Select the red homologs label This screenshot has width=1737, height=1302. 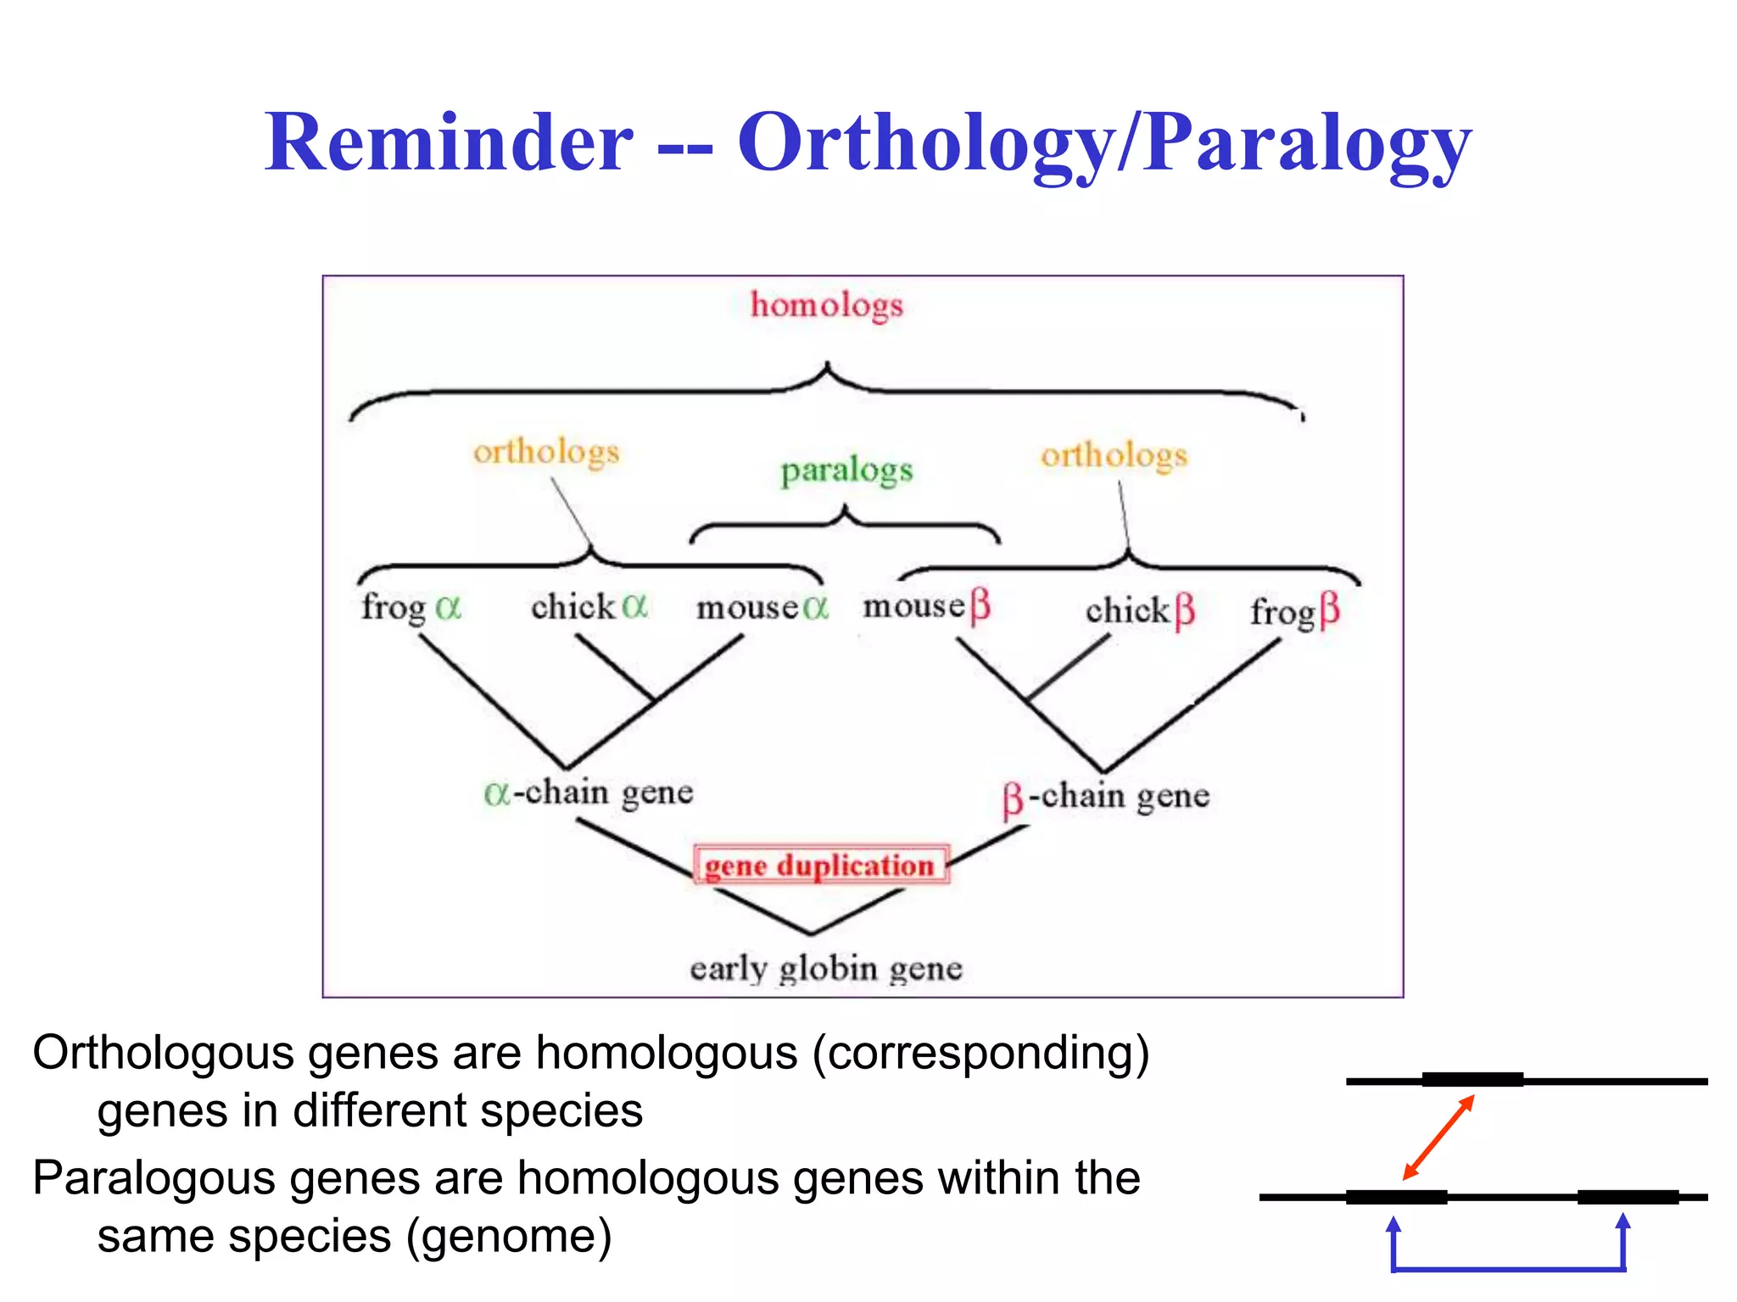point(827,306)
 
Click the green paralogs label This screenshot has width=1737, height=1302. point(846,471)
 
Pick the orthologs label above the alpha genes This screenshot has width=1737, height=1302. point(546,453)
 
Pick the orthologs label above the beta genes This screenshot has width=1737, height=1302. point(1114,456)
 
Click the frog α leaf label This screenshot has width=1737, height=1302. point(411,608)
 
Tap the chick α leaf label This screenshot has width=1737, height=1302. point(589,607)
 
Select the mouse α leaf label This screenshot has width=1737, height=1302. point(762,608)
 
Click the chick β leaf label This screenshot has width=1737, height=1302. point(1140,610)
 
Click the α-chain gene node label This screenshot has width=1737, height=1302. point(589,793)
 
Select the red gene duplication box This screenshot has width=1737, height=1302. point(820,865)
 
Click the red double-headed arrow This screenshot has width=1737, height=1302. point(1438,1138)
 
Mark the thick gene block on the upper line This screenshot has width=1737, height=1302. point(1472,1080)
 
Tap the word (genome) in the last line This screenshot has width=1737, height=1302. point(509,1236)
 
